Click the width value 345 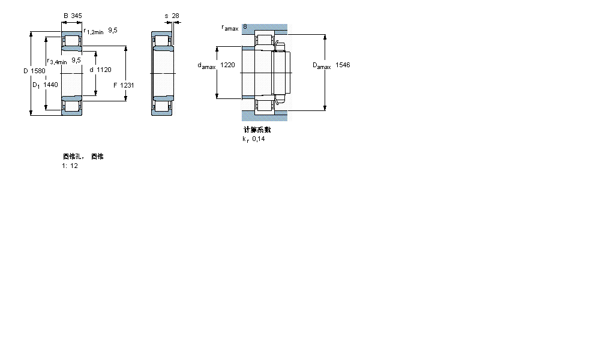pos(76,16)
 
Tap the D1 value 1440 pos(51,85)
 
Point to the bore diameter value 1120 pos(104,70)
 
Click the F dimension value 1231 pos(127,85)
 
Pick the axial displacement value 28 pos(175,16)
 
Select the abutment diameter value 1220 pos(227,65)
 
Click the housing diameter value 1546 pos(343,65)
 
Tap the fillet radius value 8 pos(245,27)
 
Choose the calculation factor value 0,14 pos(259,139)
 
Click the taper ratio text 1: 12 pos(70,166)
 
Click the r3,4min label pos(57,61)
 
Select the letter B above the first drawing pos(65,16)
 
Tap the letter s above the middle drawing pos(166,16)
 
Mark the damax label pos(206,66)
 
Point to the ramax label pos(230,28)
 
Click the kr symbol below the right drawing pos(245,139)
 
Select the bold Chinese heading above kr pos(257,130)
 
